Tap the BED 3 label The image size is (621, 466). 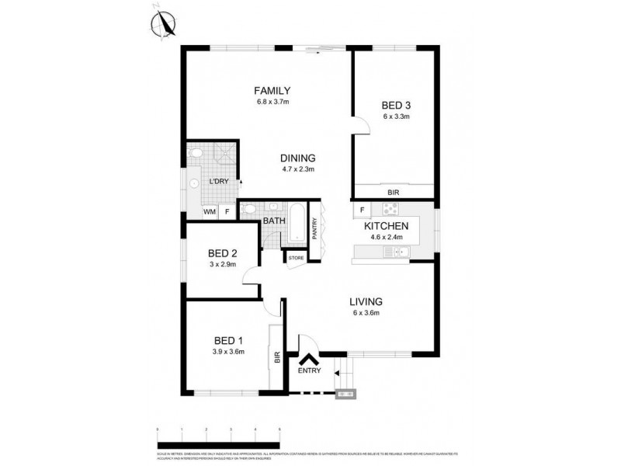click(x=395, y=105)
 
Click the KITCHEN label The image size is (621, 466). click(x=387, y=225)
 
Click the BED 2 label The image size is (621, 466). click(x=222, y=253)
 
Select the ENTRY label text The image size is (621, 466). click(x=308, y=370)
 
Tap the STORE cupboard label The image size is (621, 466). click(x=296, y=257)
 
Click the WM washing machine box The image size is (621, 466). click(x=209, y=211)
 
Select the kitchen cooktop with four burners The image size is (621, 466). click(x=390, y=208)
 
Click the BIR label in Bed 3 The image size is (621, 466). click(x=394, y=191)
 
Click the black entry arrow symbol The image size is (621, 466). click(x=308, y=360)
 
